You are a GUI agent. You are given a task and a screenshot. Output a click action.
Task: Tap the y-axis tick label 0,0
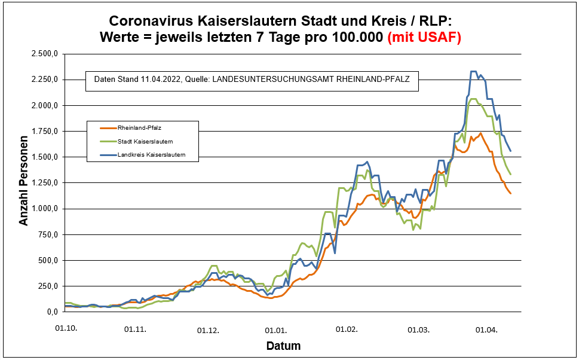(x=51, y=312)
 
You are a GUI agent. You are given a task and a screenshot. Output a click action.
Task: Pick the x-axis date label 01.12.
(x=208, y=329)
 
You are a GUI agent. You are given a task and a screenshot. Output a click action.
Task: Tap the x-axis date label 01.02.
(x=346, y=329)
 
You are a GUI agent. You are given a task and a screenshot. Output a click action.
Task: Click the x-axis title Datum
(x=283, y=346)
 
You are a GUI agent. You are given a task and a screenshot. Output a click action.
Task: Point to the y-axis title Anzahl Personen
(x=24, y=182)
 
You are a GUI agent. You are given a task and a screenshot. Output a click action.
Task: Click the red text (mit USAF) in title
(x=424, y=37)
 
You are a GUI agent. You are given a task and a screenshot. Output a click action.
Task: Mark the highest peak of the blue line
(x=473, y=71)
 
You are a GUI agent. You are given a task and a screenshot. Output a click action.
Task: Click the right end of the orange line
(x=510, y=193)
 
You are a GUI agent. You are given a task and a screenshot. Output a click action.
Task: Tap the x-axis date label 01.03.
(x=419, y=329)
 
